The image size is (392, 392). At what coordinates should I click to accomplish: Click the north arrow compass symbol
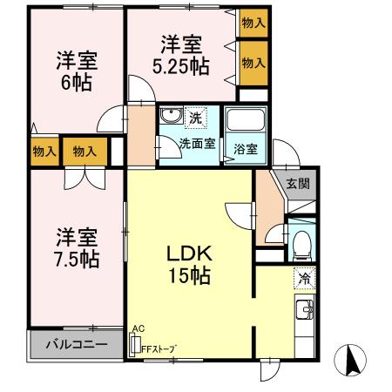354,360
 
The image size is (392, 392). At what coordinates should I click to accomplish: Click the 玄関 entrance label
297,183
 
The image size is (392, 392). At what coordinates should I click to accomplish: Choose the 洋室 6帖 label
77,71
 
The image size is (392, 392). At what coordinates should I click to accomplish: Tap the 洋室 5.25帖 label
180,54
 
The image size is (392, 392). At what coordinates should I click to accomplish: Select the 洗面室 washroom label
197,144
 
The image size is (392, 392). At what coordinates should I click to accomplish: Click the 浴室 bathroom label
246,149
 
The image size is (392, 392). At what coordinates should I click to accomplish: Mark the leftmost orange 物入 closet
44,152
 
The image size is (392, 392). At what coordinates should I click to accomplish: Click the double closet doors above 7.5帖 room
85,175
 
